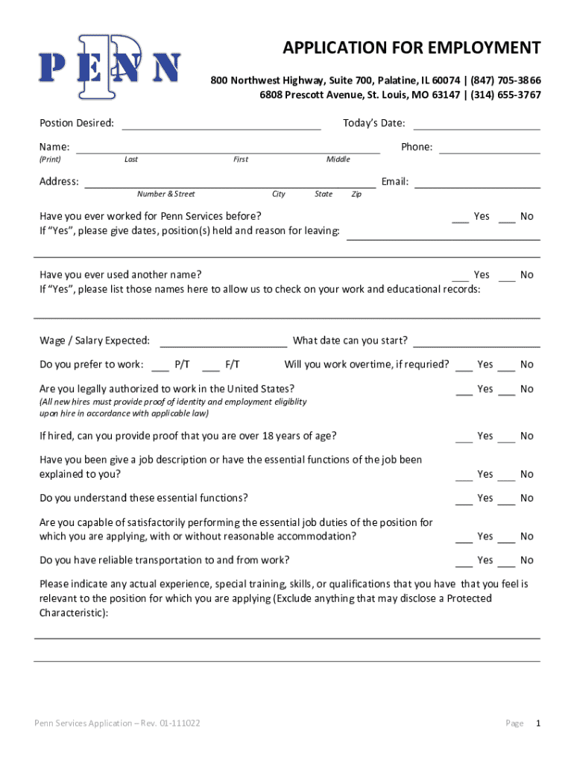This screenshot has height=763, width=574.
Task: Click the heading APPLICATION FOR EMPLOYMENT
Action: (411, 48)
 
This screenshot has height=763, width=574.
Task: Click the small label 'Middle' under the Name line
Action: (338, 159)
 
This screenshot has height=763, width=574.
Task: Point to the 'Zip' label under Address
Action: (356, 194)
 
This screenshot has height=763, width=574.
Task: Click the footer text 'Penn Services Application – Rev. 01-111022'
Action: (117, 724)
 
